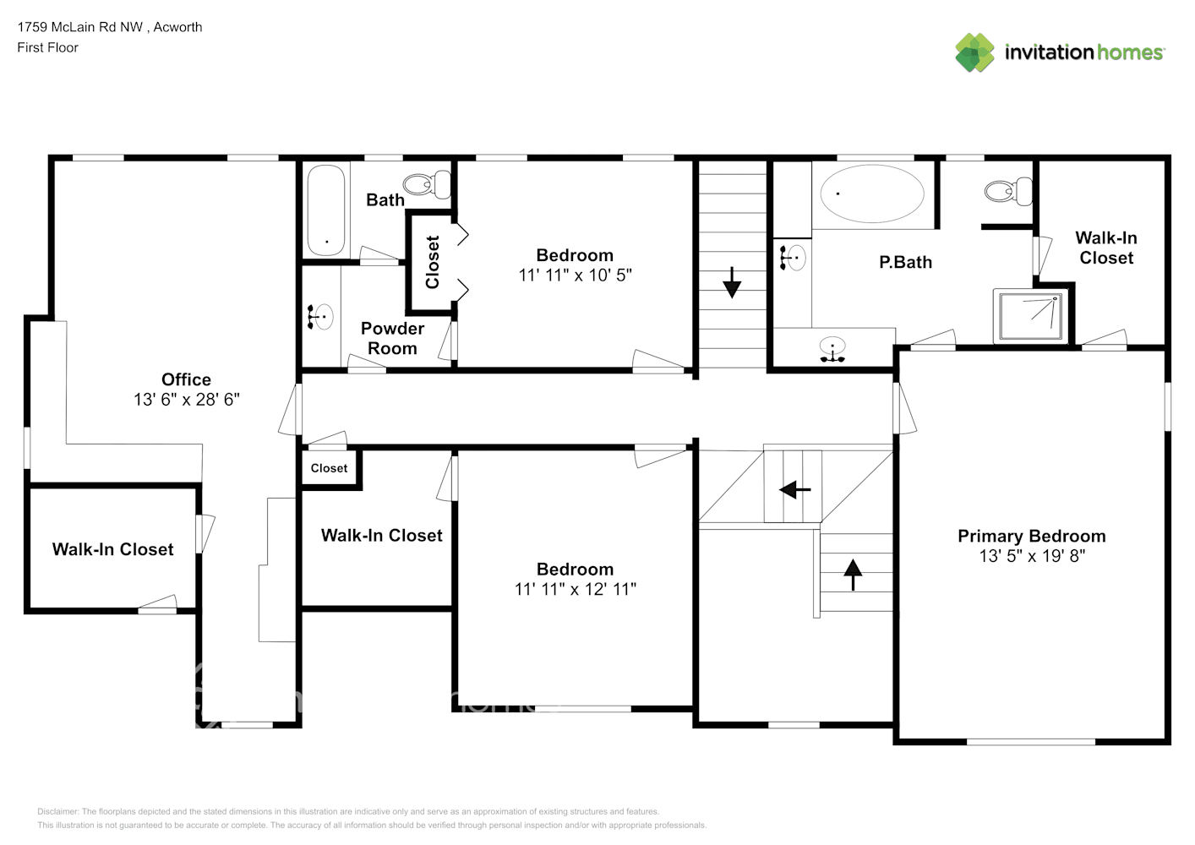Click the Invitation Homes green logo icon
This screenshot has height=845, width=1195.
pos(974,52)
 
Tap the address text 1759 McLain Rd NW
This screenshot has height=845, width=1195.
pos(80,27)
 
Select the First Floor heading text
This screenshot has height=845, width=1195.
pos(47,47)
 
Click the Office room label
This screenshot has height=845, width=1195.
pos(186,379)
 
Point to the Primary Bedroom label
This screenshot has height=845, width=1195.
pos(1031,536)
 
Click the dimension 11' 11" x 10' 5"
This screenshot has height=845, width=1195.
pos(575,275)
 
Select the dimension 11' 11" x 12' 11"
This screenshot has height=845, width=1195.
pos(575,589)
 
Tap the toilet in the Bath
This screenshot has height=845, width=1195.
pos(427,184)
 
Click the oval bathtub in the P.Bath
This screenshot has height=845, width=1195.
pos(872,194)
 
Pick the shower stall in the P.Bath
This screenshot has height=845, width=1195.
pos(1031,316)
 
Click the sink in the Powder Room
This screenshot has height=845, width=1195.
pos(320,317)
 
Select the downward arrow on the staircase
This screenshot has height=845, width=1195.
pos(732,282)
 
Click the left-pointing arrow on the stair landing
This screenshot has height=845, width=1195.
pos(795,489)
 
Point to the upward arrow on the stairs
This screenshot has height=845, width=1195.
pos(853,575)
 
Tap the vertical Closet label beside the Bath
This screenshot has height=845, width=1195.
pos(432,262)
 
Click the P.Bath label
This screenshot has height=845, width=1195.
pos(905,262)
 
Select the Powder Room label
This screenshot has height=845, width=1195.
pos(392,338)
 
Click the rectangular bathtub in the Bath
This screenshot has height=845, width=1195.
pos(326,210)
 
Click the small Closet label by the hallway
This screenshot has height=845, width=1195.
pos(329,468)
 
